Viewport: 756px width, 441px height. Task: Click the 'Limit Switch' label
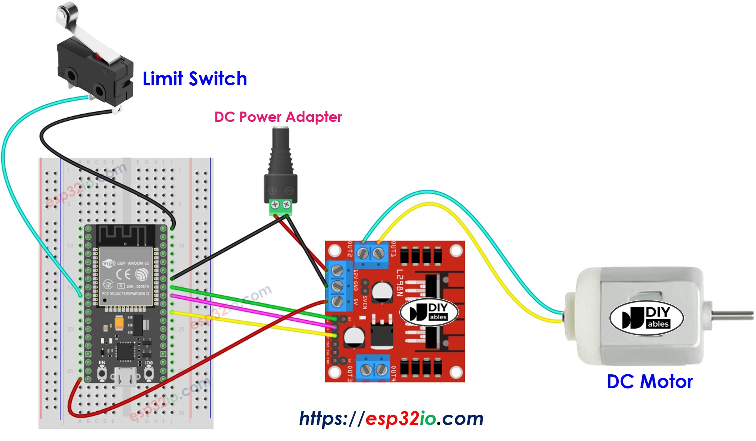tap(195, 79)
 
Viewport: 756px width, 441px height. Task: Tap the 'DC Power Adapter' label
tap(278, 117)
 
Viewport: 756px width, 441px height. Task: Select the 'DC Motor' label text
tap(650, 382)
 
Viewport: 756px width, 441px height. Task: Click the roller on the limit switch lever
tap(66, 11)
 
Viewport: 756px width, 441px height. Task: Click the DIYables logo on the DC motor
tap(646, 318)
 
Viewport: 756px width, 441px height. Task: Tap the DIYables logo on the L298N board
tap(429, 312)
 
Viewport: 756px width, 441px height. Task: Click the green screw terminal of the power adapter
tap(281, 206)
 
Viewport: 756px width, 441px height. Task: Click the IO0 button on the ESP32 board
tap(149, 374)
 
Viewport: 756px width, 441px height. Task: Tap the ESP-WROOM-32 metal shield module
tap(126, 276)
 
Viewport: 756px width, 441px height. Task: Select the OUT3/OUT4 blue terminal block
tap(373, 368)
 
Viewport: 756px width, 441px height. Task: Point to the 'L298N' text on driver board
tap(399, 283)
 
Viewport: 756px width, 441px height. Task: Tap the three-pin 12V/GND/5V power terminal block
tap(338, 286)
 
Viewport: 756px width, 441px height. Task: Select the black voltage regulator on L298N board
tap(381, 334)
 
